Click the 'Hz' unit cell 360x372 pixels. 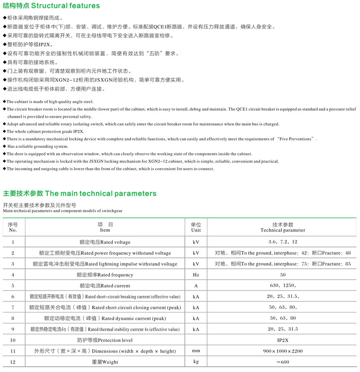coord(196,275)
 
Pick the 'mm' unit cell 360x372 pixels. coord(196,351)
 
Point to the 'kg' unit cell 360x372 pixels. coord(196,361)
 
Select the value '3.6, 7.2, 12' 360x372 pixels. coord(283,242)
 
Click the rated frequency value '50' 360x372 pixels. coord(283,275)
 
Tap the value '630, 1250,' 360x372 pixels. coord(283,286)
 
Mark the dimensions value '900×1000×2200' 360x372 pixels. coord(283,351)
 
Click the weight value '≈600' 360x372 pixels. coord(283,362)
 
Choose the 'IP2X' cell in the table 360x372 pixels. coord(283,340)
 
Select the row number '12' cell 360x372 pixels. coord(13,362)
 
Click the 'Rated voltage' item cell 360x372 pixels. coord(105,242)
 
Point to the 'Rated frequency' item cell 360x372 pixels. coord(105,275)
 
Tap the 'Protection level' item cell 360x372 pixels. coord(105,340)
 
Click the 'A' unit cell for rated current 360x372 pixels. coord(196,286)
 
